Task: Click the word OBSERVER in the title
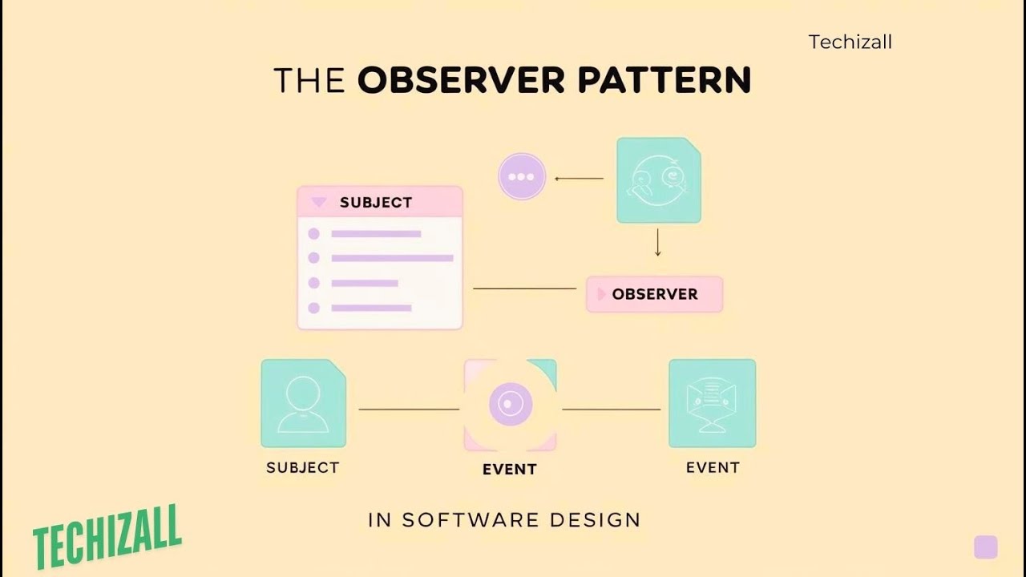coord(461,79)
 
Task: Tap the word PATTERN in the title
coord(664,79)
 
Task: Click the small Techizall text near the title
coord(850,42)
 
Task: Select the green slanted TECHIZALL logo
coord(107,538)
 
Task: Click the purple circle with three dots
coord(522,177)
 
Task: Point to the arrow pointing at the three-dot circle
coord(579,179)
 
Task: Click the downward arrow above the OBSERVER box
coord(658,242)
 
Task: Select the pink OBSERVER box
coord(655,294)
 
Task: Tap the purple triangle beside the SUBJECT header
coord(318,201)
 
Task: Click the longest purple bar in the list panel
coord(392,258)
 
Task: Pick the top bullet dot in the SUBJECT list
coord(313,234)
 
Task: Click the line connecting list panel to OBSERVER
coord(524,288)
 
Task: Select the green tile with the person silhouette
coord(303,403)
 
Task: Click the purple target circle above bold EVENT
coord(511,405)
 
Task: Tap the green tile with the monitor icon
coord(713,403)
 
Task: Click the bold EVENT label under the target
coord(510,470)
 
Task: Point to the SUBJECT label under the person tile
coord(303,467)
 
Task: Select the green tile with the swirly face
coord(659,180)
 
